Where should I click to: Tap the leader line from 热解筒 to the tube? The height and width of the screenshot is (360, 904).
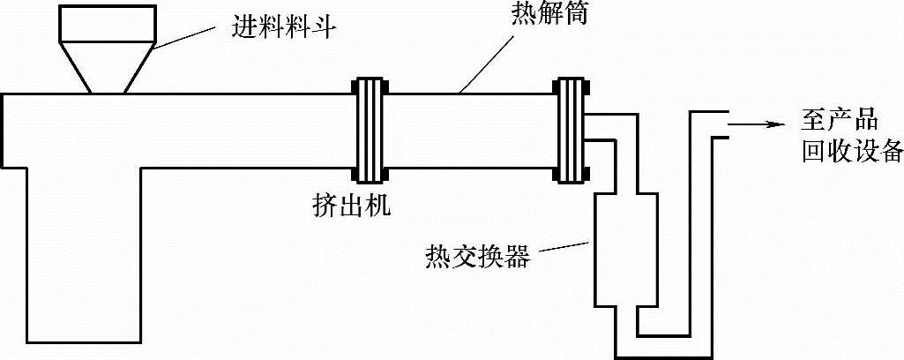[489, 58]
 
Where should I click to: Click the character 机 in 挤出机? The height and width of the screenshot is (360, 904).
[377, 206]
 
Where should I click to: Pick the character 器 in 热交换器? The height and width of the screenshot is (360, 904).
[519, 256]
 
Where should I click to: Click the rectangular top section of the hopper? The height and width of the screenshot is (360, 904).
[108, 27]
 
